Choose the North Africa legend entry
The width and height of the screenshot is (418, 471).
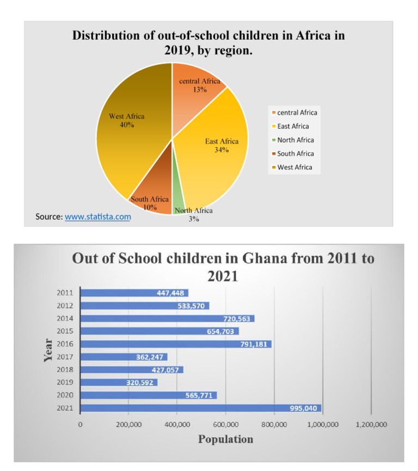pyautogui.click(x=295, y=140)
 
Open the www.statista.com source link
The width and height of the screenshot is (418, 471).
pyautogui.click(x=98, y=216)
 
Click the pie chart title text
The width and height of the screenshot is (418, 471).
pyautogui.click(x=208, y=43)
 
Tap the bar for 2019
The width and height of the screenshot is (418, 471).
pyautogui.click(x=119, y=382)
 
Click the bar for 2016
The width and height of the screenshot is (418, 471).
pyautogui.click(x=175, y=344)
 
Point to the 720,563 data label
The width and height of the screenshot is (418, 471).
pyautogui.click(x=236, y=319)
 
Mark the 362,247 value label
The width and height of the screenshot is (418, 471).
pyautogui.click(x=149, y=357)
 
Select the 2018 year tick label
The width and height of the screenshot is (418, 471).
pyautogui.click(x=65, y=370)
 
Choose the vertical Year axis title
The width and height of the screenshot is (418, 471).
pyautogui.click(x=48, y=350)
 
